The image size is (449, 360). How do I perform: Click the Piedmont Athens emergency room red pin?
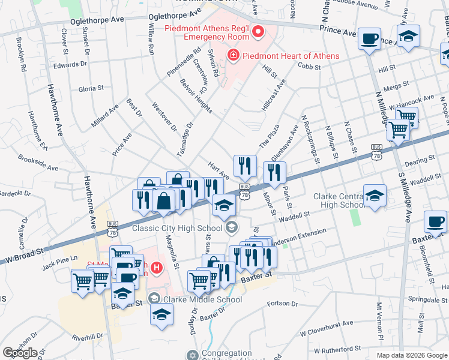click(259, 31)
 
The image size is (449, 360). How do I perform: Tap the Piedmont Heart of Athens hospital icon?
click(232, 56)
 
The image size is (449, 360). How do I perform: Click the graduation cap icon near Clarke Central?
click(375, 196)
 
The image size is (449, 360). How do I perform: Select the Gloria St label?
click(91, 89)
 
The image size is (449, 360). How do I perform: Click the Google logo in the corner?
click(20, 353)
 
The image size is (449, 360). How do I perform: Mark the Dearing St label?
click(419, 160)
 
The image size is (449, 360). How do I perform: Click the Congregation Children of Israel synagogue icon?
click(192, 355)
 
